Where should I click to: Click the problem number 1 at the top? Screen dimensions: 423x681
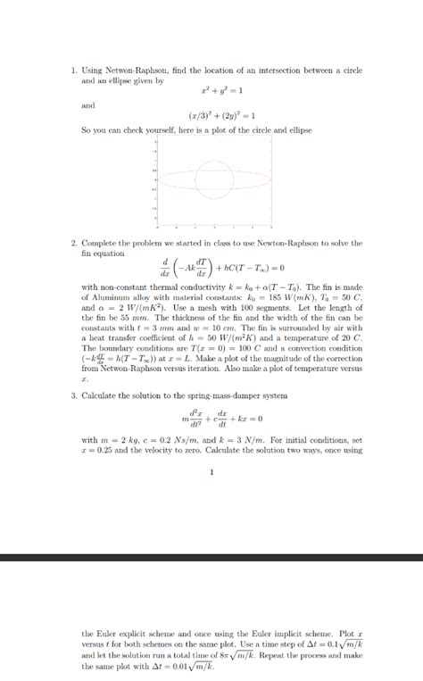73,70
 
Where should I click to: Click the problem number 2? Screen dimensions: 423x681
73,243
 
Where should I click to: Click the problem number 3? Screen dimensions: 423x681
73,394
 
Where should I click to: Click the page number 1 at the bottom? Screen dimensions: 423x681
211,473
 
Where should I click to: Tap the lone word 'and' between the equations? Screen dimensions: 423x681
87,104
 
